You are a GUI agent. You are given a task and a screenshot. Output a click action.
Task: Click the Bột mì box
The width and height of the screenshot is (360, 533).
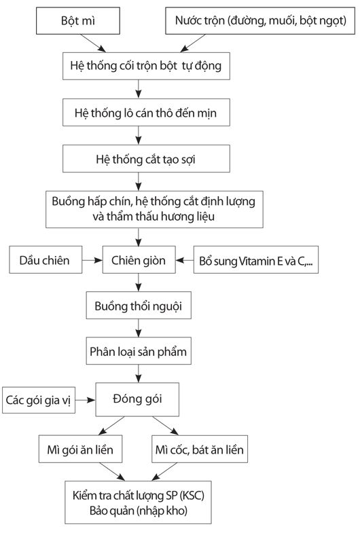(x=78, y=21)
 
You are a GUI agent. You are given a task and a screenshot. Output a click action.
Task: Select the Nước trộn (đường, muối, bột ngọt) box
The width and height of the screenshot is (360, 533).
(x=260, y=21)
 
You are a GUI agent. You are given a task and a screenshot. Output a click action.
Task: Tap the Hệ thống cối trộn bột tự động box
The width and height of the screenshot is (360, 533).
(x=146, y=66)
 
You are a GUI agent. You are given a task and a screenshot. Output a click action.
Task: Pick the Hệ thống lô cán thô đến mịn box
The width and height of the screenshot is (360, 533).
(x=146, y=113)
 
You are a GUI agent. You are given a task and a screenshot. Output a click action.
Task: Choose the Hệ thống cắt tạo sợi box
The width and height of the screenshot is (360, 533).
(x=146, y=159)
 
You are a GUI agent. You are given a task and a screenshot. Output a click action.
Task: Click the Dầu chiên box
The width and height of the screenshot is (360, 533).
(x=46, y=260)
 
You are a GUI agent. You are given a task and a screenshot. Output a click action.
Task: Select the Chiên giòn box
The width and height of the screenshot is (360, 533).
(x=139, y=260)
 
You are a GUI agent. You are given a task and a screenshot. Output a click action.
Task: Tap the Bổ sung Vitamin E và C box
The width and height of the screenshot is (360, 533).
(x=256, y=260)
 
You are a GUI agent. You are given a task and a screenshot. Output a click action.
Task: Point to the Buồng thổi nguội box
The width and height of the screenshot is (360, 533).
(x=139, y=306)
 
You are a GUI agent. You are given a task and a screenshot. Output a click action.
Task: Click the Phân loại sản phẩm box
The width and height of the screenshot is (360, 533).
(x=139, y=351)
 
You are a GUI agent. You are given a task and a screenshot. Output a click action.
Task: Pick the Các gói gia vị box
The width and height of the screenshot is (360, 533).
(x=39, y=400)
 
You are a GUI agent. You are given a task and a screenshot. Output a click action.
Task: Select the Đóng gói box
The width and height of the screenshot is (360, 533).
(x=137, y=399)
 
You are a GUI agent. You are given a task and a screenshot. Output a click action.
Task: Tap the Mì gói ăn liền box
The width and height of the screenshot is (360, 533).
(x=80, y=449)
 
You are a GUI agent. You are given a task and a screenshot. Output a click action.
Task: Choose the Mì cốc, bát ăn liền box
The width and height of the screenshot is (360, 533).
(x=200, y=449)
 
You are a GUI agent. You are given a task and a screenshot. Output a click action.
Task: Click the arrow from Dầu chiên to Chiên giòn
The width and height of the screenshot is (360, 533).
(x=92, y=260)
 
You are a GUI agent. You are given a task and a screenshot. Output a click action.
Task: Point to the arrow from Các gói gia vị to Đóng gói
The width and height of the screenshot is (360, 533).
(x=86, y=400)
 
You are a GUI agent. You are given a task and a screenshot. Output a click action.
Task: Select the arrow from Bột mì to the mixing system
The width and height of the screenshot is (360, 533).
(x=93, y=43)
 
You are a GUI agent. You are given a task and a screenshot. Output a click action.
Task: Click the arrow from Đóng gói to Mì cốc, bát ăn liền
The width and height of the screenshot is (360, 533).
(x=166, y=426)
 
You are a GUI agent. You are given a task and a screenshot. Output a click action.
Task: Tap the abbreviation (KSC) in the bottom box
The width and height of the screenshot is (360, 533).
(x=192, y=496)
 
